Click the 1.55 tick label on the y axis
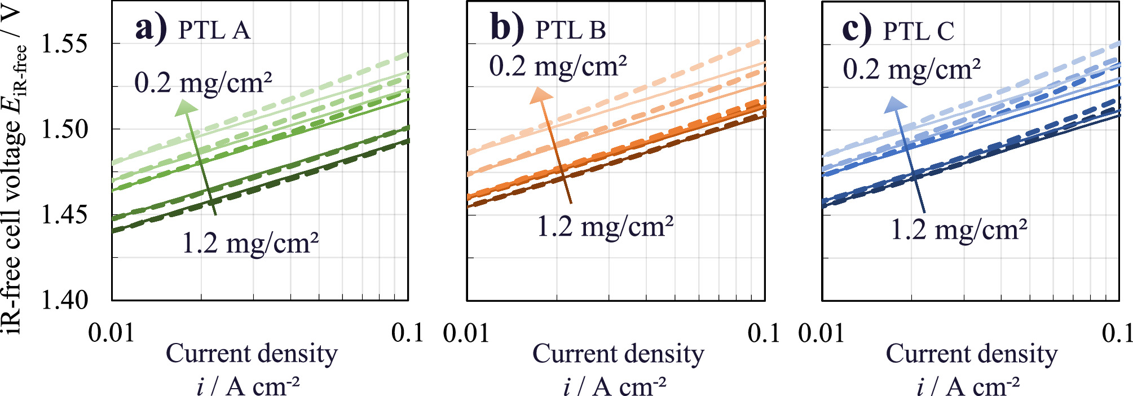(65, 45)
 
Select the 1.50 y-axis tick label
(65, 130)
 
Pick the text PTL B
(570, 30)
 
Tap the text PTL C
(918, 31)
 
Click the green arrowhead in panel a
(184, 108)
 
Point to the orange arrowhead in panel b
(540, 95)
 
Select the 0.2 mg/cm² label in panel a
(203, 83)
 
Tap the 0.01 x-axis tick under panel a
(112, 333)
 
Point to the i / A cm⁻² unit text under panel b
(615, 386)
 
